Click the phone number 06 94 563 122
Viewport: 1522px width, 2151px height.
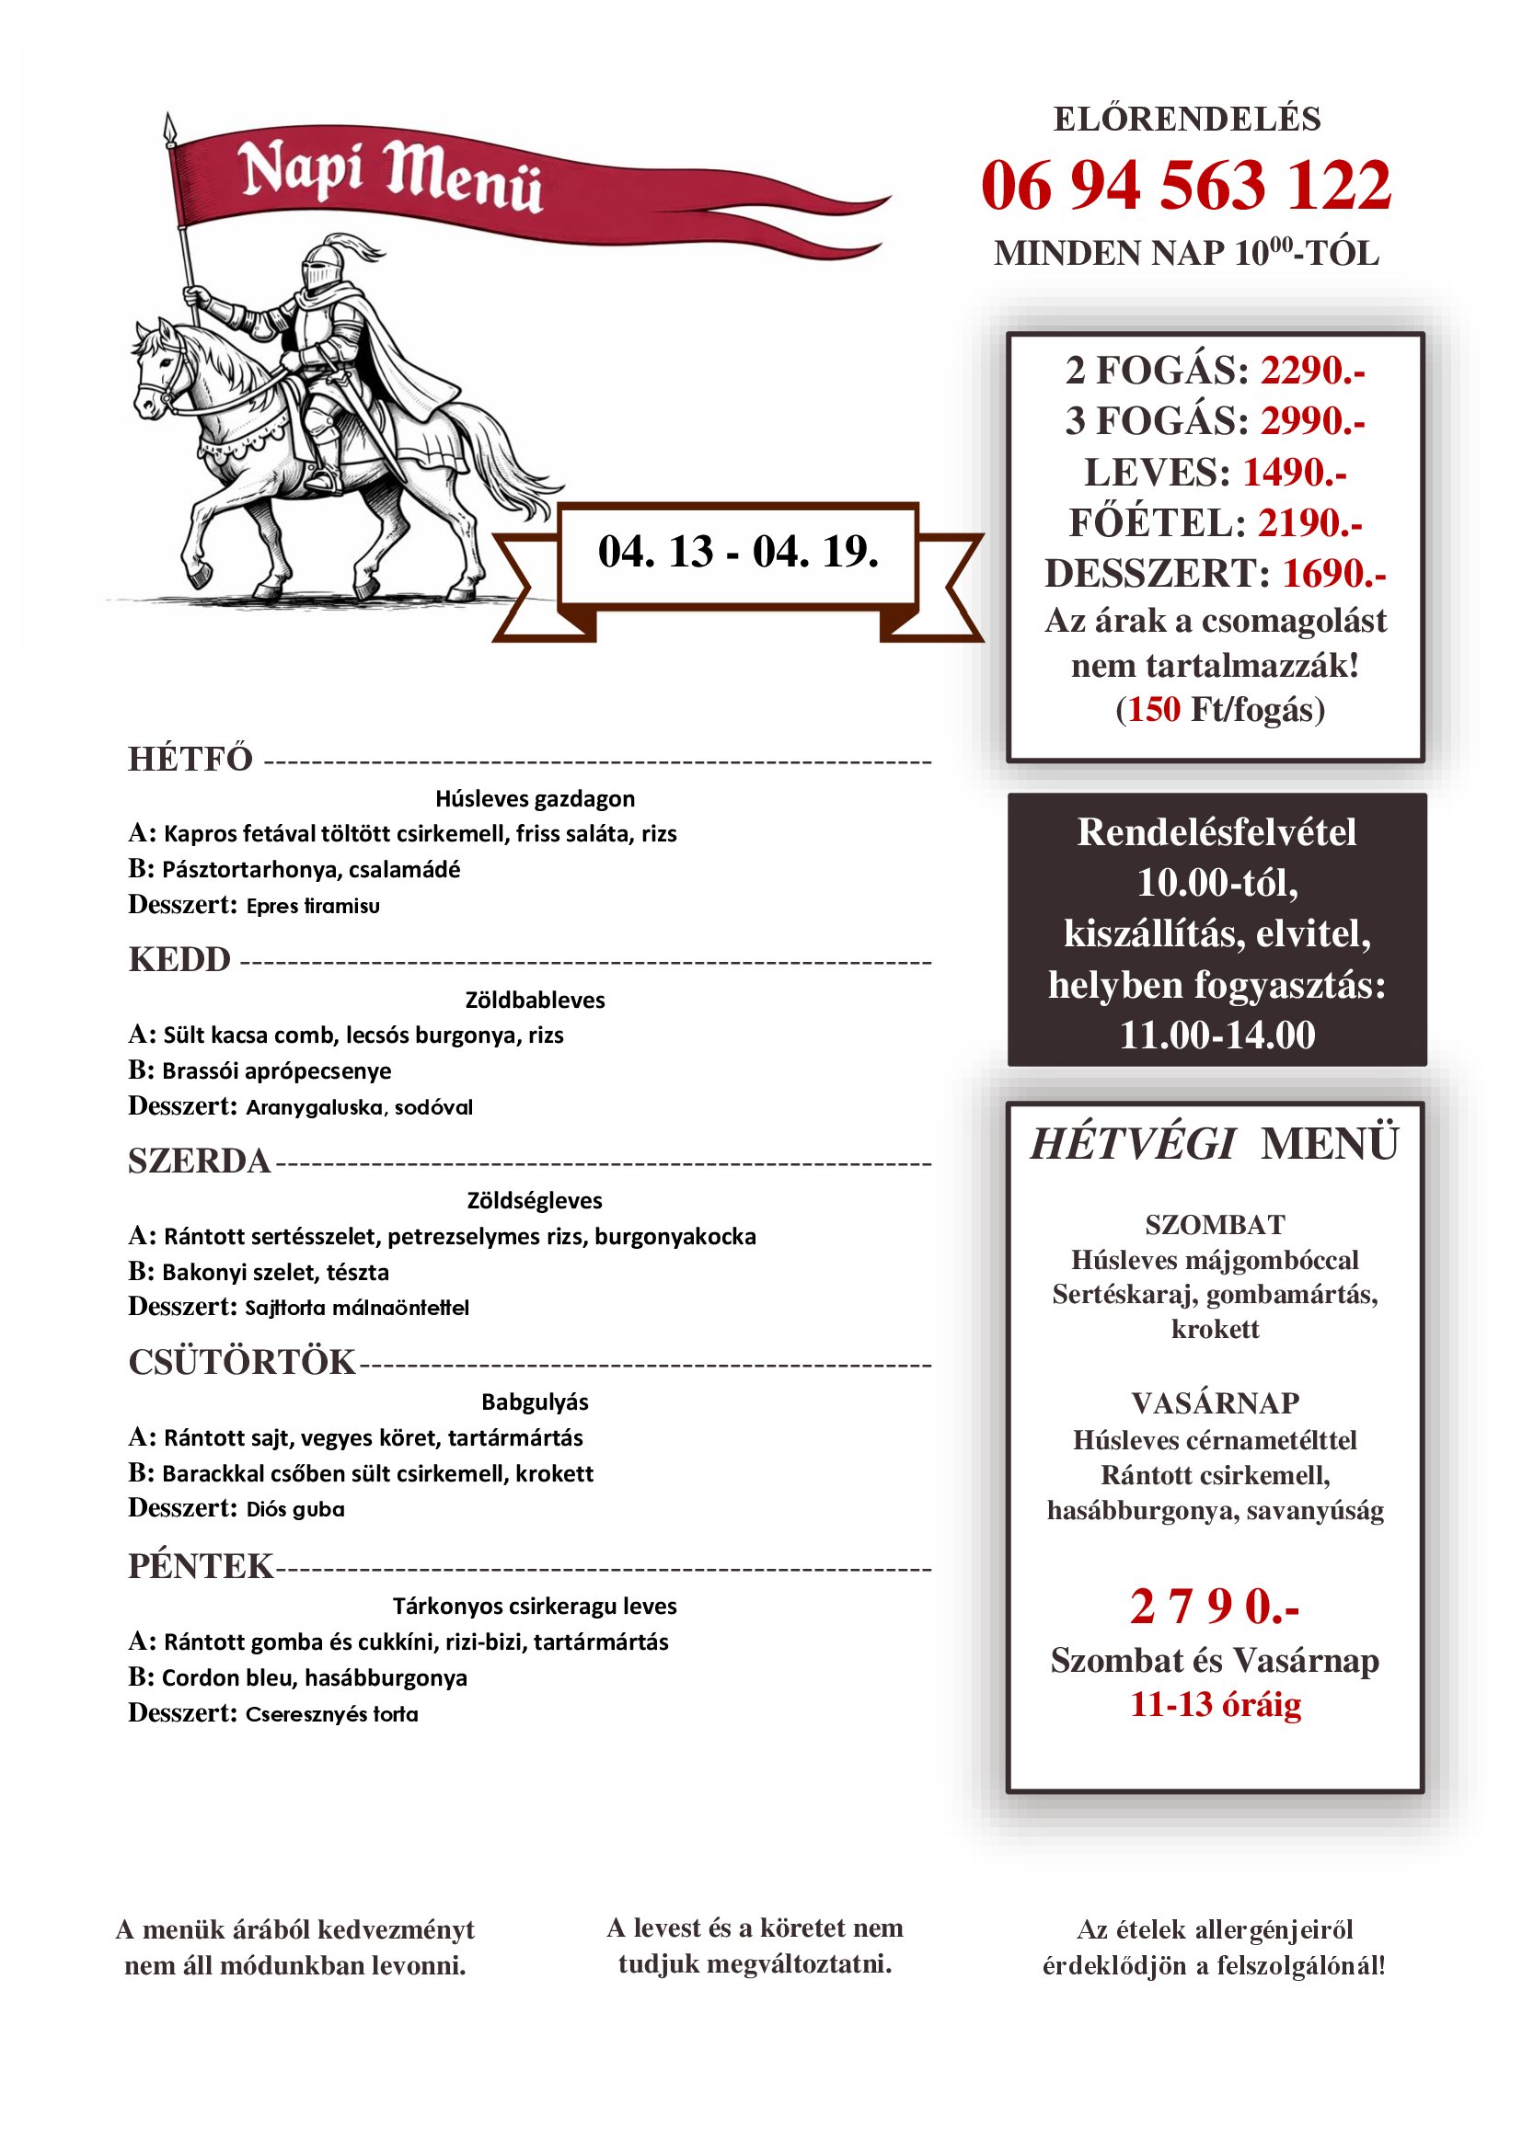tap(1185, 186)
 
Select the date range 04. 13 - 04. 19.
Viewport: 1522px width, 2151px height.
tap(738, 553)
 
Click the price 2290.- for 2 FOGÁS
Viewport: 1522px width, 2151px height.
tap(1312, 371)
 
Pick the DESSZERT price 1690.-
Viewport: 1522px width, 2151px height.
tap(1332, 573)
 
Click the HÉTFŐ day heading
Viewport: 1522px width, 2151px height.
tap(190, 759)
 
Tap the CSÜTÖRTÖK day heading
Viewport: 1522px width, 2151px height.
tap(242, 1362)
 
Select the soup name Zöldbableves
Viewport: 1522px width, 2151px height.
tap(536, 1000)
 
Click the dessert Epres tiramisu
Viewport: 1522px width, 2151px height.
tap(313, 906)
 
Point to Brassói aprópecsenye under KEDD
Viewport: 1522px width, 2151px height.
tap(276, 1070)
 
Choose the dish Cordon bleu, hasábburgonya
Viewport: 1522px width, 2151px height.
tap(314, 1677)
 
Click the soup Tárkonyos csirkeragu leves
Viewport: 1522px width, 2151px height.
tap(535, 1606)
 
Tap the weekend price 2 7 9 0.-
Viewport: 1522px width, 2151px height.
tap(1214, 1607)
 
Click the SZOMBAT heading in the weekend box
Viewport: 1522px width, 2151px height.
tap(1215, 1224)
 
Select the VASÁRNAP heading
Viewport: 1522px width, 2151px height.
tap(1215, 1402)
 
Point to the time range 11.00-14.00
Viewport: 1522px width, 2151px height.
tap(1216, 1035)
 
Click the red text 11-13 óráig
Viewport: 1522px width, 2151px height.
tap(1215, 1704)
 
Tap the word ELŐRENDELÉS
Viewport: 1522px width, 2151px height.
tap(1186, 119)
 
